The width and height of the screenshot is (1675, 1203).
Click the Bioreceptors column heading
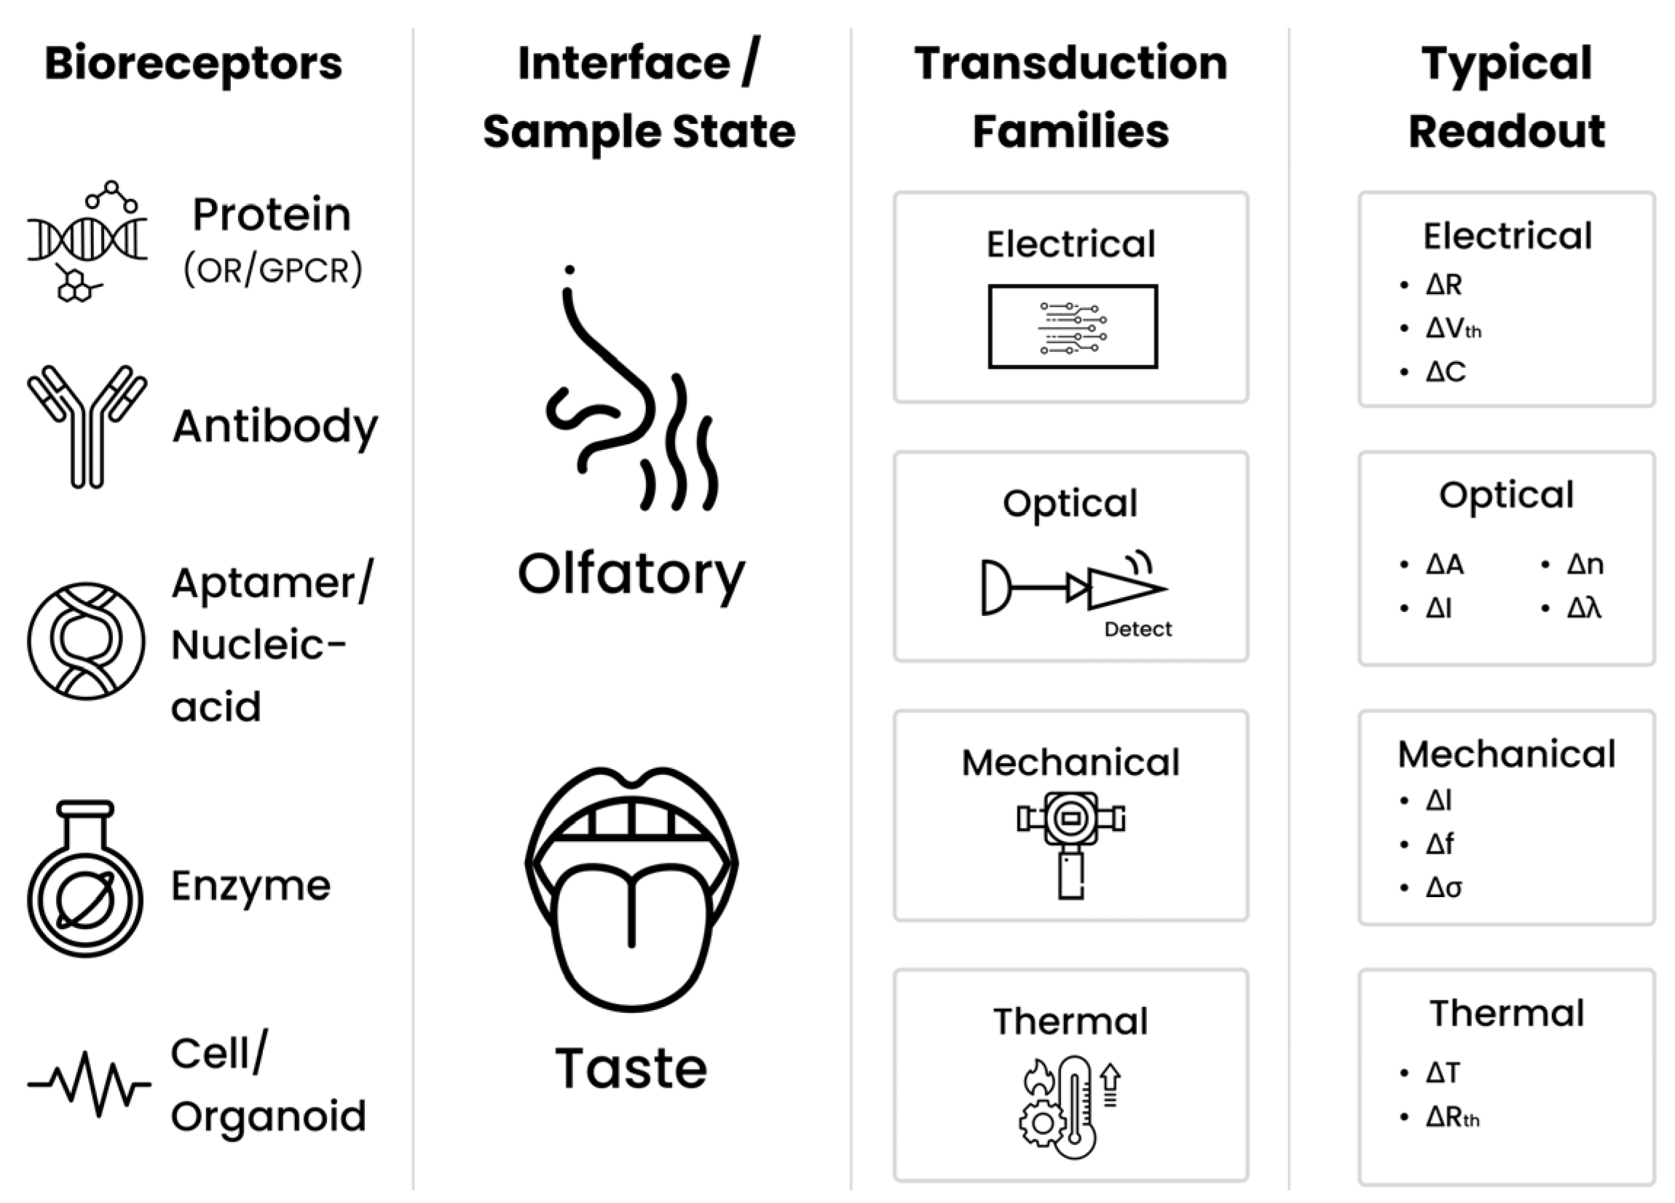click(x=194, y=63)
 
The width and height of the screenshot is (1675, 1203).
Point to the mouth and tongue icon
click(x=631, y=886)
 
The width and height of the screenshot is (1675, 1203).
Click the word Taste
click(x=631, y=1068)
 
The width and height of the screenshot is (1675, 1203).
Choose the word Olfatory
click(x=631, y=575)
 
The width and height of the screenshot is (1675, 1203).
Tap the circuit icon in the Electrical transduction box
click(x=1072, y=326)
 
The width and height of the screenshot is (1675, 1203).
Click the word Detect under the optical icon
click(x=1138, y=629)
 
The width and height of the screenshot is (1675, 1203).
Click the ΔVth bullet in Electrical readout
click(x=1452, y=328)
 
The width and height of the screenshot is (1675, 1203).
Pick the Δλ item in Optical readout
click(x=1583, y=609)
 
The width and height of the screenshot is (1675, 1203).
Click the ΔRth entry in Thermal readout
click(x=1452, y=1117)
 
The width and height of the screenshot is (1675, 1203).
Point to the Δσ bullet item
click(x=1443, y=887)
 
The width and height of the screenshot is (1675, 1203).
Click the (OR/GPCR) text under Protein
click(x=273, y=270)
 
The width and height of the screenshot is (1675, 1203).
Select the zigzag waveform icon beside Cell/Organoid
click(x=89, y=1084)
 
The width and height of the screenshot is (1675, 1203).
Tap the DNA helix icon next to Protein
click(x=87, y=240)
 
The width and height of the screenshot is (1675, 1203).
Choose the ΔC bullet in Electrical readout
click(x=1445, y=371)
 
